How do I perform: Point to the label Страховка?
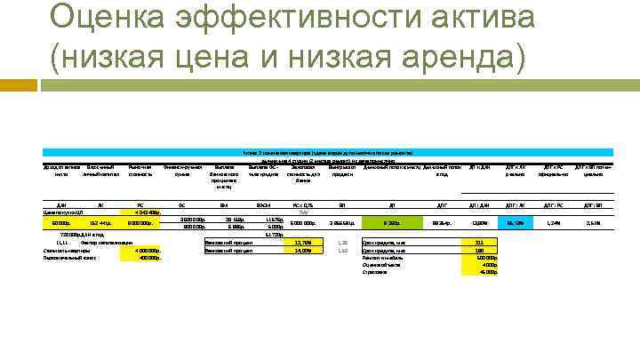[x=375, y=273]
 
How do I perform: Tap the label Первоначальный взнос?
[x=72, y=258]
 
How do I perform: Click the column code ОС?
[x=180, y=204]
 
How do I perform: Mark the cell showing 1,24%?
[x=552, y=222]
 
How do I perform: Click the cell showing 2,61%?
[x=593, y=222]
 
